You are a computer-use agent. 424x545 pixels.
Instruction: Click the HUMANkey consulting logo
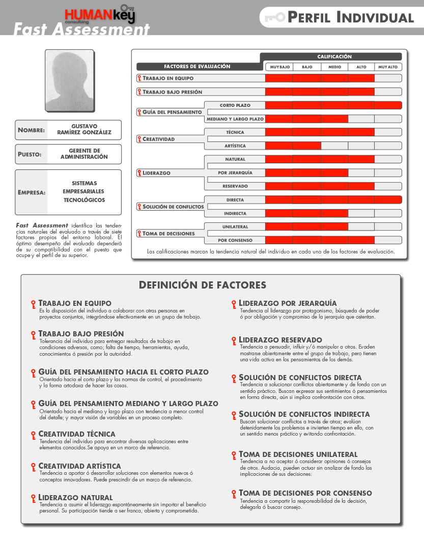coord(100,15)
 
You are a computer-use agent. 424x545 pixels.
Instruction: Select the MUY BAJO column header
coord(279,67)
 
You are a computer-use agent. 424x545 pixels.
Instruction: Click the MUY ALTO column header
coord(388,67)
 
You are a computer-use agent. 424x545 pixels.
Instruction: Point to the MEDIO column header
coord(334,67)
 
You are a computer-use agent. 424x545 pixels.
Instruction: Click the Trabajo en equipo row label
coord(168,78)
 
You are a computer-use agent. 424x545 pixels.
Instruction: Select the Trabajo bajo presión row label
coord(172,92)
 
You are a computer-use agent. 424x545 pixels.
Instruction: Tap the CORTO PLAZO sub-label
coord(235,105)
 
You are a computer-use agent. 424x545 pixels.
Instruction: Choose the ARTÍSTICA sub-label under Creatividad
coord(235,146)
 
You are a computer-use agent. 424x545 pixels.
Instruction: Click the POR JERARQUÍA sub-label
coord(235,173)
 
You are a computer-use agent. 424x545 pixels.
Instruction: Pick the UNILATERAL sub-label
coord(235,226)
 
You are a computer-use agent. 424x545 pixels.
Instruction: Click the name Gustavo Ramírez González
coord(84,129)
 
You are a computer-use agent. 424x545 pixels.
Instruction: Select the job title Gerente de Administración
coord(84,154)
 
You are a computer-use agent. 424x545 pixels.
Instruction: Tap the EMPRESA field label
coord(32,192)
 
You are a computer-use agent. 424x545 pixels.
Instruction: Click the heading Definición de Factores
coord(203,285)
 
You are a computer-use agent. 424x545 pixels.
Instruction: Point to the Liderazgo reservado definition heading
coord(280,340)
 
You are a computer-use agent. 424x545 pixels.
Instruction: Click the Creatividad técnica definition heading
coord(77,434)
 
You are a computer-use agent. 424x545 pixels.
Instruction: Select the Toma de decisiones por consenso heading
coord(305,493)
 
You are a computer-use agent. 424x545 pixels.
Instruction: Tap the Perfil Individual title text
coord(350,18)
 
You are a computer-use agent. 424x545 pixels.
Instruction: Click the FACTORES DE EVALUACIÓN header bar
coord(197,67)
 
